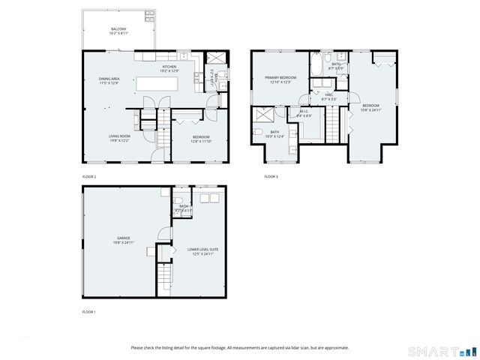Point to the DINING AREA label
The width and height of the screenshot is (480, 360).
tap(109, 80)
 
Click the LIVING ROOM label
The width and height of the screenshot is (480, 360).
tap(119, 138)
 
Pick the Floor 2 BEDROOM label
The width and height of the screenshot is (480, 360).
tap(200, 138)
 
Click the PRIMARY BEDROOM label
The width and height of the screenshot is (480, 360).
tap(280, 79)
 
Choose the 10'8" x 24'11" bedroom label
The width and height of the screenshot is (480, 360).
tap(370, 107)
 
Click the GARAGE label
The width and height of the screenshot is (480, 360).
tap(124, 241)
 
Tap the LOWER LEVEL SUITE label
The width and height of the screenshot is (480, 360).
tap(203, 250)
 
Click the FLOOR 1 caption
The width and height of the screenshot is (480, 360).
tap(88, 311)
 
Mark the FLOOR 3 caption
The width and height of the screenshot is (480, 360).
tap(271, 177)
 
